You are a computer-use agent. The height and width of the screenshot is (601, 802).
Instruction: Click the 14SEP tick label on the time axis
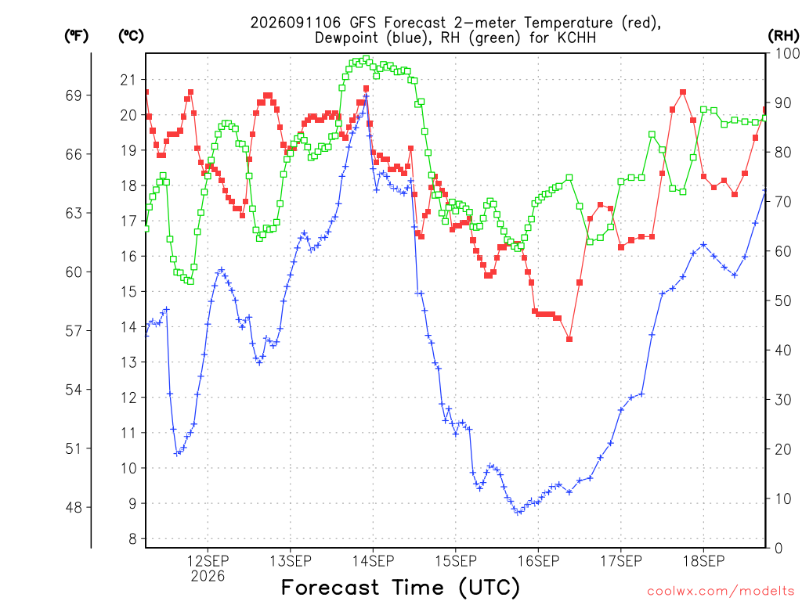(373, 561)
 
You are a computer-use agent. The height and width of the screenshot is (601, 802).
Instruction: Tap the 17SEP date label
(620, 561)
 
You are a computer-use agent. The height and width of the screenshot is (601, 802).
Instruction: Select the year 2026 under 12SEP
(208, 577)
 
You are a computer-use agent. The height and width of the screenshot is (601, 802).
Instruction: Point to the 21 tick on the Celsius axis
(128, 80)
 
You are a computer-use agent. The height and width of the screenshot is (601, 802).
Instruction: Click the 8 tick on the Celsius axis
(133, 538)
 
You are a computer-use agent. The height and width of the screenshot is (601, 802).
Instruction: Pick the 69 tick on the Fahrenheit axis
(74, 95)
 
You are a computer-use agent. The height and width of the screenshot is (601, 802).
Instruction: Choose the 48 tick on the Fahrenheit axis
(74, 507)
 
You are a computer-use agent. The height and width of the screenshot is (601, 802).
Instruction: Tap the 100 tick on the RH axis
(787, 53)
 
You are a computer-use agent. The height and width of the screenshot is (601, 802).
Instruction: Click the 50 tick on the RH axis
(783, 300)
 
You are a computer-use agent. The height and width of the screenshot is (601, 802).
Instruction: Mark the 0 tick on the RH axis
(779, 549)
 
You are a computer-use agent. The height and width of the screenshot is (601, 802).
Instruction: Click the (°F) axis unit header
(76, 36)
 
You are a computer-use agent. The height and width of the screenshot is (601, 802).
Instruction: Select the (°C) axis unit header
(131, 36)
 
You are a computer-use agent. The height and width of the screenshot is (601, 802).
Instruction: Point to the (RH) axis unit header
(783, 36)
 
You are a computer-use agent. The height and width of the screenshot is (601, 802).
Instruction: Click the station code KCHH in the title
(576, 38)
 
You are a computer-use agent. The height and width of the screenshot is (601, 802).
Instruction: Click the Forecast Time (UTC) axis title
(400, 588)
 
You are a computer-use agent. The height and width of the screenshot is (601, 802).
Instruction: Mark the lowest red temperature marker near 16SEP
(569, 340)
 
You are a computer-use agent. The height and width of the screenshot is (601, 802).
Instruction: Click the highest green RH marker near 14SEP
(367, 59)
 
